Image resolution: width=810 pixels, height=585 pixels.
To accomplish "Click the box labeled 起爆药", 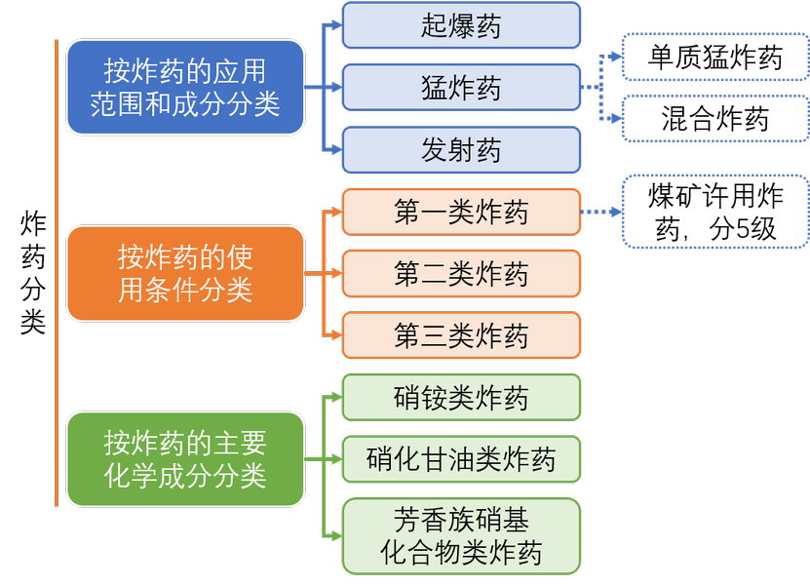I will coord(461,25).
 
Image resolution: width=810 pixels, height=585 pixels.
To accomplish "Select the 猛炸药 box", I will coord(461,88).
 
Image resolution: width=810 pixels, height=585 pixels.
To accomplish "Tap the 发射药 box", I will coord(461,150).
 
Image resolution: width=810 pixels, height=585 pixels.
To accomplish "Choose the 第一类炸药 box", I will coord(461,212).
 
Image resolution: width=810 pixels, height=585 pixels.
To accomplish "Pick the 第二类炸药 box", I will coord(461,274).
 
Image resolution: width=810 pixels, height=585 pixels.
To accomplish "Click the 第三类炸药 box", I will coord(461,335).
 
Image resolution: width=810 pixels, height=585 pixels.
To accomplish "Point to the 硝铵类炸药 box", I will coord(461,398).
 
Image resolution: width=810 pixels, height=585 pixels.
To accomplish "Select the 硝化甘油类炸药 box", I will coord(461,458).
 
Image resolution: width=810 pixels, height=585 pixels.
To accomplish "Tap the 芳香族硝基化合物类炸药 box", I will coord(461,535).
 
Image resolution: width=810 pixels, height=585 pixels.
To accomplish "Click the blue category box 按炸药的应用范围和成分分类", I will coord(185,87).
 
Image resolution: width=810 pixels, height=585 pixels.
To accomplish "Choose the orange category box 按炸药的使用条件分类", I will coord(185,273).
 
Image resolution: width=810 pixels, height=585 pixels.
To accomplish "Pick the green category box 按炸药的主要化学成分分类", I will coord(185,459).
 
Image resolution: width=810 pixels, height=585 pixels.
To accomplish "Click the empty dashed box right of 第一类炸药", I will coord(714,212).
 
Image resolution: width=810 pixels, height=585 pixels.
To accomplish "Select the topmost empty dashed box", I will coord(714,57).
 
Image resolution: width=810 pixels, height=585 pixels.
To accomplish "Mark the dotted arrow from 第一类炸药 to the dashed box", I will coord(600,212).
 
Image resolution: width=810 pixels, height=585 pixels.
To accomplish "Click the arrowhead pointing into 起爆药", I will coord(336,25).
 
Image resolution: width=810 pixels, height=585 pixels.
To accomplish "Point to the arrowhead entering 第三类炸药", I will coord(336,335).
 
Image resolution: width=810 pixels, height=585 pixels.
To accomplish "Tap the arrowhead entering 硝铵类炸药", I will coord(336,398).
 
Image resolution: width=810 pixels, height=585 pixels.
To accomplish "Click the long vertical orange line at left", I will coord(57,273).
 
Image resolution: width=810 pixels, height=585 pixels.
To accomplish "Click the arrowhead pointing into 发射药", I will coord(336,150).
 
